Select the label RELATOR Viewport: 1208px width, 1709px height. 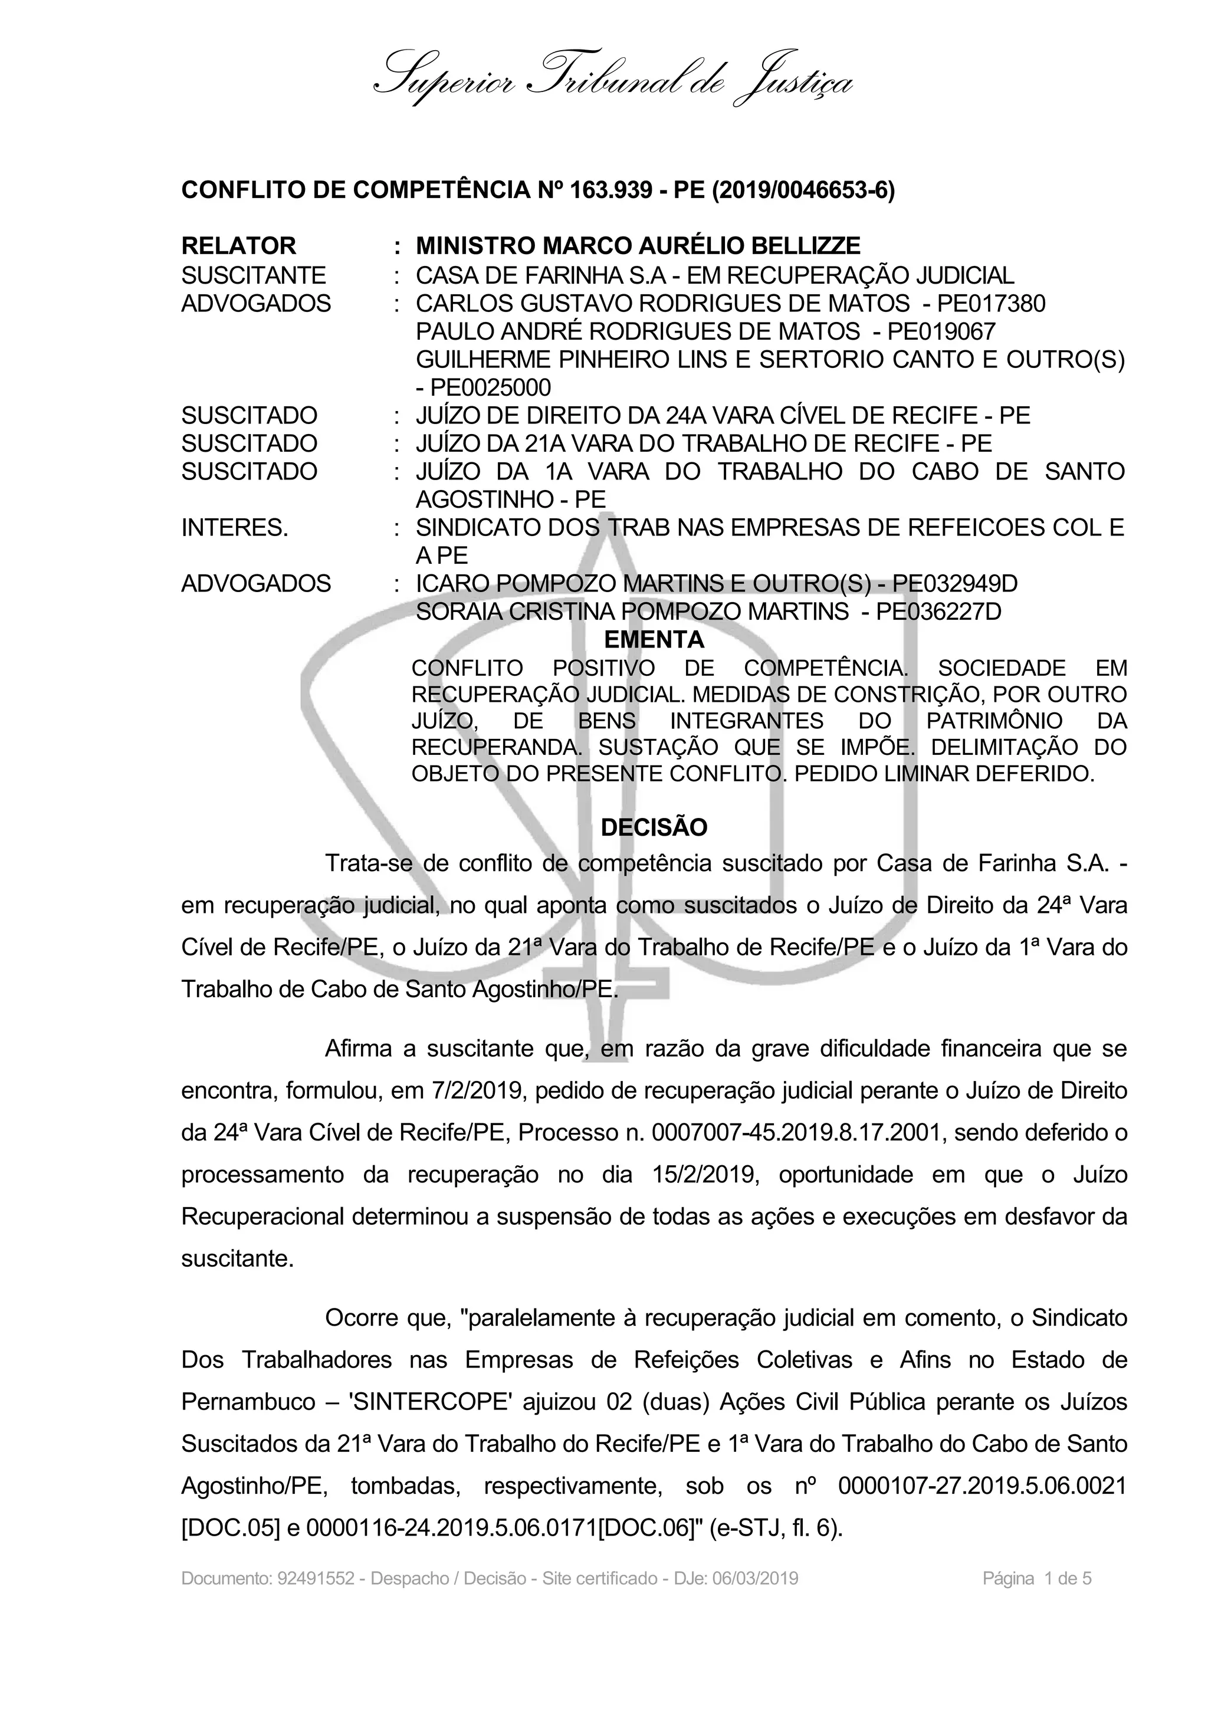coord(238,246)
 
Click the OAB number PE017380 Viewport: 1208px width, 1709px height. coord(991,304)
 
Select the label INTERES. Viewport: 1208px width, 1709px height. coord(234,528)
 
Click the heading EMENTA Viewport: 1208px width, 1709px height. coord(654,639)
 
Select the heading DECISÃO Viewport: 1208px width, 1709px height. coord(654,828)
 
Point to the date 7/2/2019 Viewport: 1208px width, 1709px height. coord(480,1091)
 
